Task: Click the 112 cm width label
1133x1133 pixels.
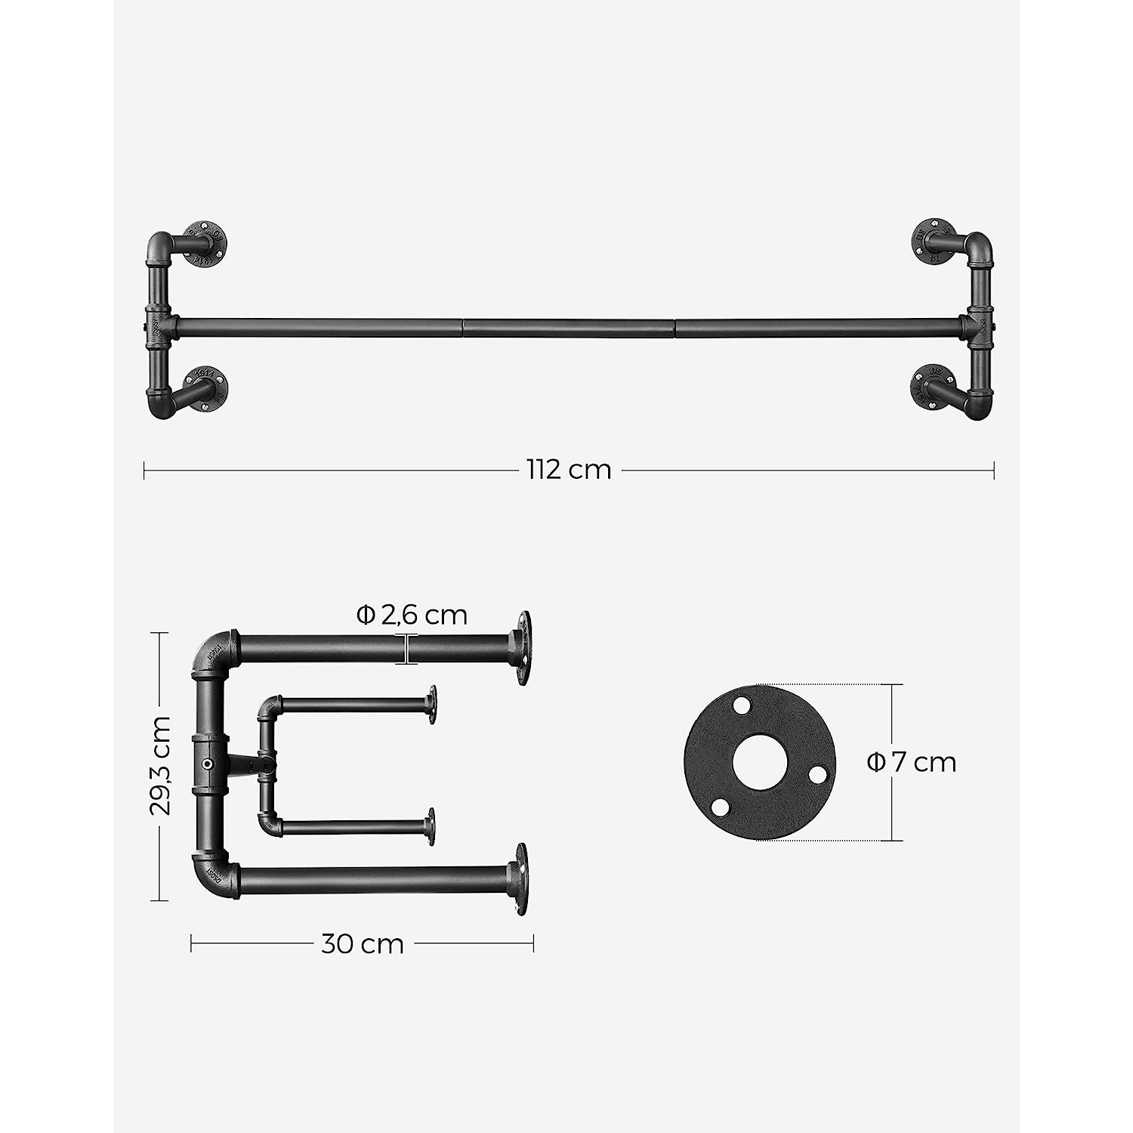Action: (569, 470)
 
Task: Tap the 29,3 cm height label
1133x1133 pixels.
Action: (161, 766)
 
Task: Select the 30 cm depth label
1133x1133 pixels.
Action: (363, 944)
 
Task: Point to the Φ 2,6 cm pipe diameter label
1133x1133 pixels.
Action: (412, 616)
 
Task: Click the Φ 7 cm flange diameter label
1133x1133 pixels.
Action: (912, 762)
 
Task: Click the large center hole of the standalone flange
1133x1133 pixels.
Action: (759, 762)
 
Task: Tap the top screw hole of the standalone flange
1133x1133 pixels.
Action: (742, 705)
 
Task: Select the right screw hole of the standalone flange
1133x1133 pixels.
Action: (817, 775)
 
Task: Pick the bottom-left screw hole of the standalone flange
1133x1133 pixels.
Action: (721, 807)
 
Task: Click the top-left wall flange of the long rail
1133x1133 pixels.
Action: (205, 242)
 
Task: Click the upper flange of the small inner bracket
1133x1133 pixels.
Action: (432, 705)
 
